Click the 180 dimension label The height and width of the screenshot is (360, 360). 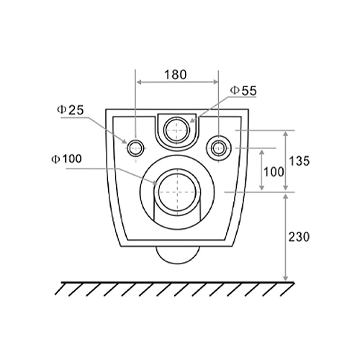coord(176,75)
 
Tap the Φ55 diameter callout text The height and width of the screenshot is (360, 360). coord(243,91)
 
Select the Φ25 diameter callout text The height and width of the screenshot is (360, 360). coord(70,110)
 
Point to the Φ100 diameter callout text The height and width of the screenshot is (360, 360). coord(66,159)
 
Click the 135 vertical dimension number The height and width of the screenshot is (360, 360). coord(300,161)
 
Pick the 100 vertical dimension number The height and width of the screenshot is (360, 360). coord(274,172)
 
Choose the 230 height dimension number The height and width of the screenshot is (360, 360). coord(299,237)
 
